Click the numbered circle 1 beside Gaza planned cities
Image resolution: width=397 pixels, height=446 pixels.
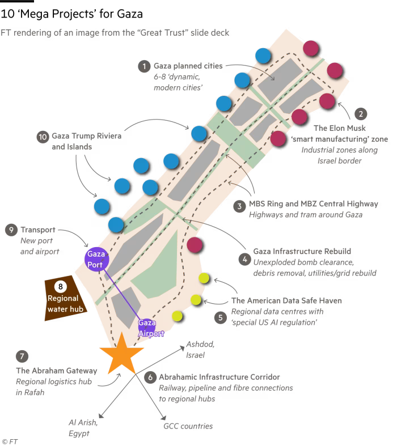[x=144, y=66]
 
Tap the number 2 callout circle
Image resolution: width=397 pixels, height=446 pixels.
[x=361, y=114]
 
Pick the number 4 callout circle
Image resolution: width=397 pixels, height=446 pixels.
[x=244, y=259]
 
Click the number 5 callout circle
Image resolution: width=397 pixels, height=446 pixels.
[x=220, y=317]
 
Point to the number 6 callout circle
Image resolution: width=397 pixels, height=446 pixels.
[x=150, y=377]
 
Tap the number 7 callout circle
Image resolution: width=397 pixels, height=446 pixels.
[x=22, y=356]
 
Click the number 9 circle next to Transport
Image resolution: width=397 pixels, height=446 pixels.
[x=11, y=230]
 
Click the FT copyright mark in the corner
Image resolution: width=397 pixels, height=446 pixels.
[x=9, y=440]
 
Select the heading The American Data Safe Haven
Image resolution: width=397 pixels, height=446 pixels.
[x=286, y=301]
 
